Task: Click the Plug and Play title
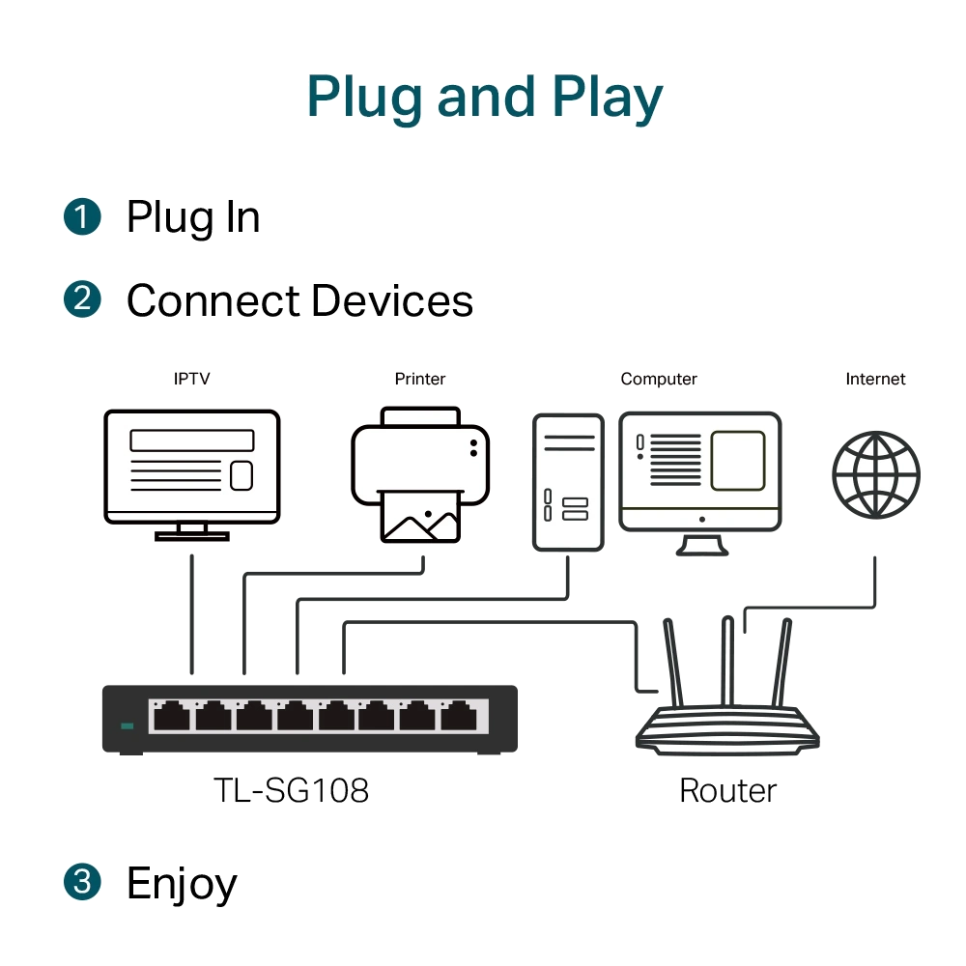coord(485,98)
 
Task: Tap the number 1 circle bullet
coord(82,216)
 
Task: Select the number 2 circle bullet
coord(82,299)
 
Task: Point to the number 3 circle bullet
coord(82,882)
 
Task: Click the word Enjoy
coord(182,885)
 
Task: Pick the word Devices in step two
coord(392,300)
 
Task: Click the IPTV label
coord(191,379)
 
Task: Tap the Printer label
coord(420,379)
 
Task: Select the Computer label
coord(659,380)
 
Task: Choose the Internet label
coord(875,379)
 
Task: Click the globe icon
coord(876,475)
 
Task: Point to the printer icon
coord(420,474)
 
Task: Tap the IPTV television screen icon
coord(192,475)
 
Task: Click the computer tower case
coord(568,482)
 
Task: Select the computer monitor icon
coord(700,484)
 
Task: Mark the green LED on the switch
coord(128,725)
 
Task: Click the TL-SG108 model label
coord(291,790)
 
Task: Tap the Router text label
coord(727,790)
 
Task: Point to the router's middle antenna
coord(727,661)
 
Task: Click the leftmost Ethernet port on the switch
coord(171,716)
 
